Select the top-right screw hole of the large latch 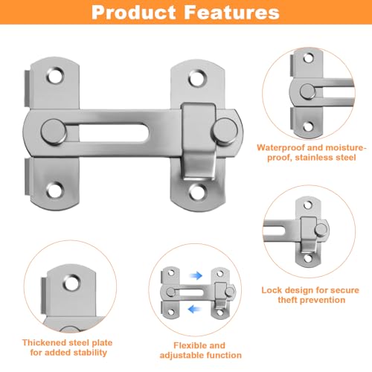197,77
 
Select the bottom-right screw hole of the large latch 197,190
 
